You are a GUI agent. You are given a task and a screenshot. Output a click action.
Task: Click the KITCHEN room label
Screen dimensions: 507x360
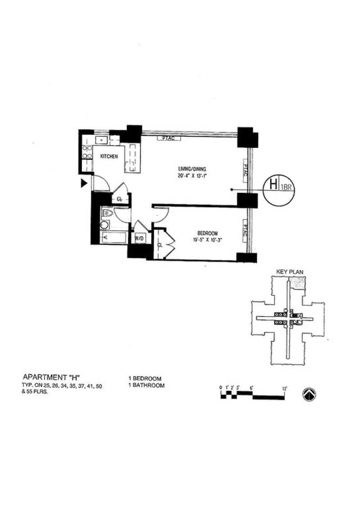pyautogui.click(x=109, y=156)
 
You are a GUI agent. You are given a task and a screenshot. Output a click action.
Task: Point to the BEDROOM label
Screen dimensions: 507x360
pyautogui.click(x=207, y=233)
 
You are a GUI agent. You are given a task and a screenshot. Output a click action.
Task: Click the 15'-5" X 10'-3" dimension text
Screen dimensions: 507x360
pyautogui.click(x=207, y=240)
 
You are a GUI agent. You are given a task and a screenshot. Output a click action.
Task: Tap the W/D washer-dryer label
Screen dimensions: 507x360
pyautogui.click(x=139, y=238)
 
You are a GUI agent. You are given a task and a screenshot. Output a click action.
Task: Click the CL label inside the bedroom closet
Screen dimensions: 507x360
pyautogui.click(x=160, y=245)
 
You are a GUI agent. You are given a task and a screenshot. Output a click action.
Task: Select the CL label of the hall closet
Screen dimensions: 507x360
pyautogui.click(x=120, y=199)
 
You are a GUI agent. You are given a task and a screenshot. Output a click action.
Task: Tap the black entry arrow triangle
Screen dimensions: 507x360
pyautogui.click(x=83, y=183)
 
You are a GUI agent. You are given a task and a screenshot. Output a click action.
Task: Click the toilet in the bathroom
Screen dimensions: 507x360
pyautogui.click(x=107, y=213)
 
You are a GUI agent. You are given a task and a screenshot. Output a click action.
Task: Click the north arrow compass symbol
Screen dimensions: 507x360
pyautogui.click(x=309, y=394)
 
